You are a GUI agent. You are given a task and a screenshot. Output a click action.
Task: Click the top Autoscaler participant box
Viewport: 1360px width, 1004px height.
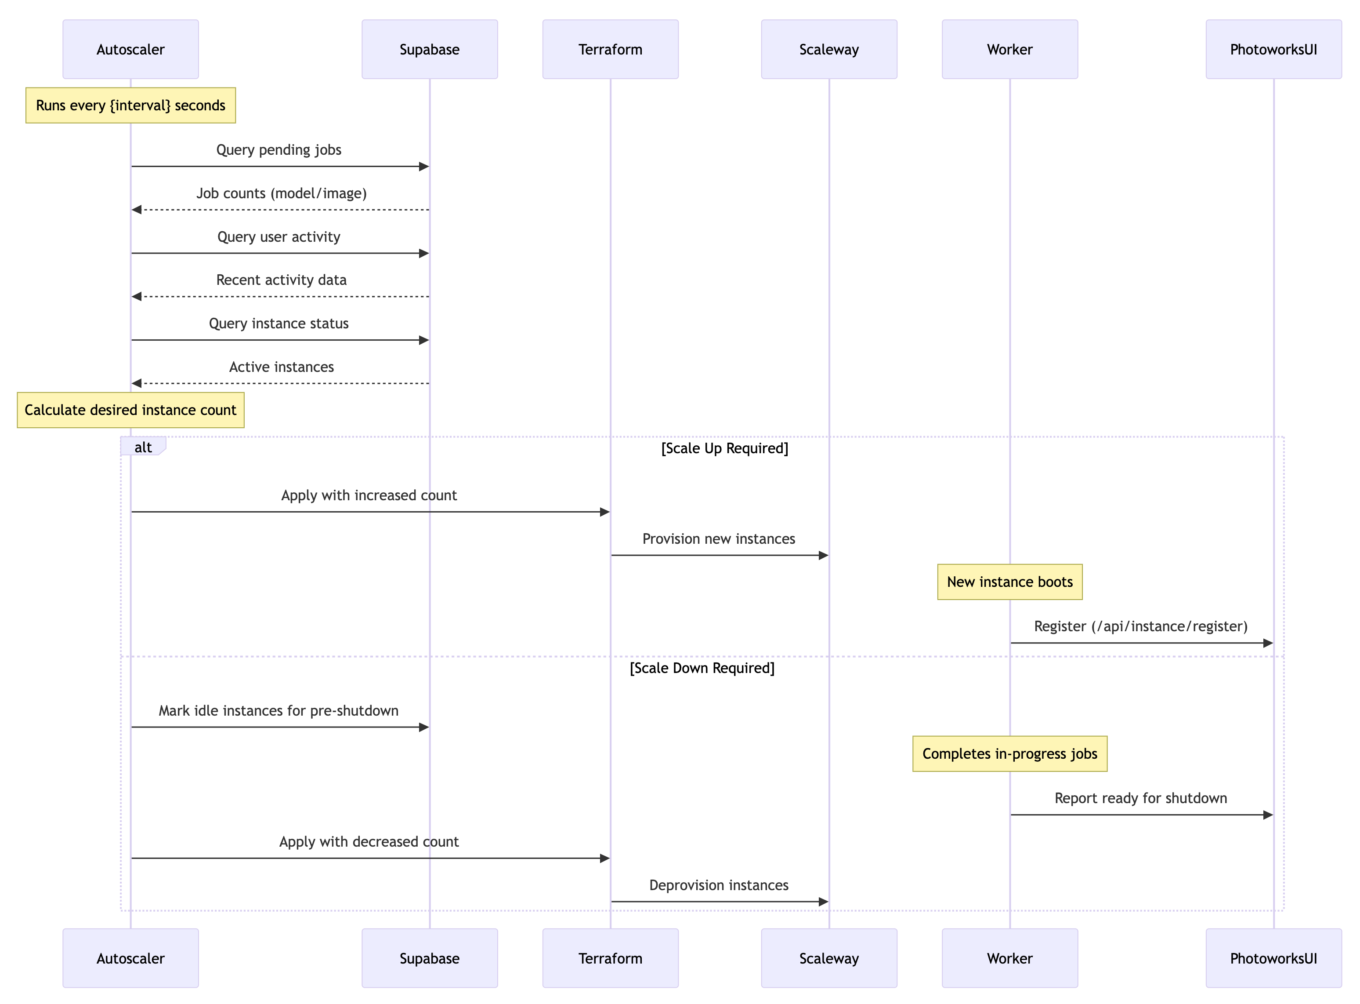pos(130,49)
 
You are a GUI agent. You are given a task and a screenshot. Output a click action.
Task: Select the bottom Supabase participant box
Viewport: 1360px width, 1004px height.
pos(430,958)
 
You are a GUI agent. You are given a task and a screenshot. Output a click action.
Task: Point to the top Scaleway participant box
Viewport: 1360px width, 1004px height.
pos(828,49)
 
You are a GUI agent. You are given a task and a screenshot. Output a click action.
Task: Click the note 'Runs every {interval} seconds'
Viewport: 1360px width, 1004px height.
pos(130,105)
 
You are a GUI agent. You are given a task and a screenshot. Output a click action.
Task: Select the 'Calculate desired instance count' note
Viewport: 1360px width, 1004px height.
pos(130,410)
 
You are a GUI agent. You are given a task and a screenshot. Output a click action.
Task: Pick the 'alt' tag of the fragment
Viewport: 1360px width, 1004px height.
pos(143,447)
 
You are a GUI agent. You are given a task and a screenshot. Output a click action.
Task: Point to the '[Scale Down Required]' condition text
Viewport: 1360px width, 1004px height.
pos(702,669)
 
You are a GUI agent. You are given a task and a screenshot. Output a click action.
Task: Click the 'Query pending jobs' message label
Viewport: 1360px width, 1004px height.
pos(279,150)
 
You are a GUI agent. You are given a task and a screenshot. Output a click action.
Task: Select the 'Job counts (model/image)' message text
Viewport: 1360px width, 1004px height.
pos(281,193)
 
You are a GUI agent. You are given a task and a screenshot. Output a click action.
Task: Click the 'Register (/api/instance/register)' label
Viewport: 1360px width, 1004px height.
pos(1141,626)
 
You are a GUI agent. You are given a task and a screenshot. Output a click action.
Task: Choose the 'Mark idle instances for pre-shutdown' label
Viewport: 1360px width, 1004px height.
pos(279,711)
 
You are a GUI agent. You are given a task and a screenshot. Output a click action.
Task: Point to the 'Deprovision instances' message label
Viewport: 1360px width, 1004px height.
pos(719,885)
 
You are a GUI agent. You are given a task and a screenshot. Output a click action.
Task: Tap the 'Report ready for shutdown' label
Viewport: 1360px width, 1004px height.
pos(1141,799)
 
